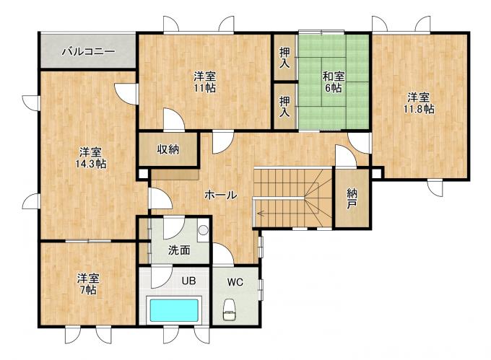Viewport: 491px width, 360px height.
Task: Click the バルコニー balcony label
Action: click(x=88, y=51)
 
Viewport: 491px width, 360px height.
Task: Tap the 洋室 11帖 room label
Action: click(x=204, y=82)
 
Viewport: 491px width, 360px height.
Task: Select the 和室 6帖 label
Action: click(x=334, y=82)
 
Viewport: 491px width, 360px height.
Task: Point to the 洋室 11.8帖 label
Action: click(x=418, y=103)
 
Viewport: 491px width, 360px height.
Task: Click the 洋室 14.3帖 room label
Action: click(x=90, y=158)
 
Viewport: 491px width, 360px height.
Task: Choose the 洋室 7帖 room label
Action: click(x=89, y=284)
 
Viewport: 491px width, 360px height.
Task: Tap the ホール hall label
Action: click(x=220, y=196)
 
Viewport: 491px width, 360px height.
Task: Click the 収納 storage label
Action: click(x=168, y=149)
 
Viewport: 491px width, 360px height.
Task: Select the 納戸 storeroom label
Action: click(x=352, y=199)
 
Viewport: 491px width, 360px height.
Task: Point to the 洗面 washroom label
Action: click(x=179, y=250)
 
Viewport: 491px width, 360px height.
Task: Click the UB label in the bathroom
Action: click(x=189, y=281)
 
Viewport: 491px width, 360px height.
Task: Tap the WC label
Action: click(x=235, y=282)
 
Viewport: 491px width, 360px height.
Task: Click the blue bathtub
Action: click(x=174, y=310)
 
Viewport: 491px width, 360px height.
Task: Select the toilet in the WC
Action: click(x=230, y=309)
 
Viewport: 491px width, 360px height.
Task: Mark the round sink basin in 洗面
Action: click(x=203, y=230)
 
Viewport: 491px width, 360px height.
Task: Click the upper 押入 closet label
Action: click(x=284, y=58)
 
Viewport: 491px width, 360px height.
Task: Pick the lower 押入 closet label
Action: click(x=284, y=106)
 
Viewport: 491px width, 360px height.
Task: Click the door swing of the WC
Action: click(x=223, y=253)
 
